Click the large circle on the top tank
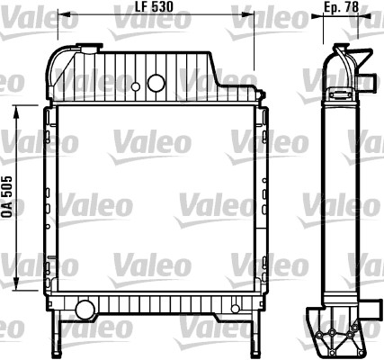156,84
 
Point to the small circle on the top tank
134,87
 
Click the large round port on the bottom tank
85,310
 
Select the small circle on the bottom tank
236,309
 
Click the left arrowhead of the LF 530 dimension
61,15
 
